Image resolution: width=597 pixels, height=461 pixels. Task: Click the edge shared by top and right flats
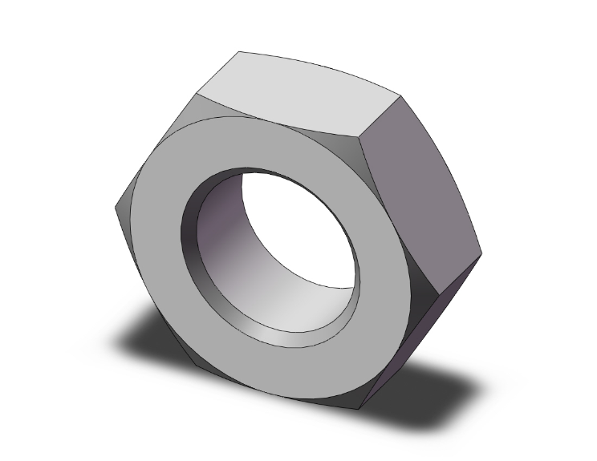[x=380, y=117]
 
